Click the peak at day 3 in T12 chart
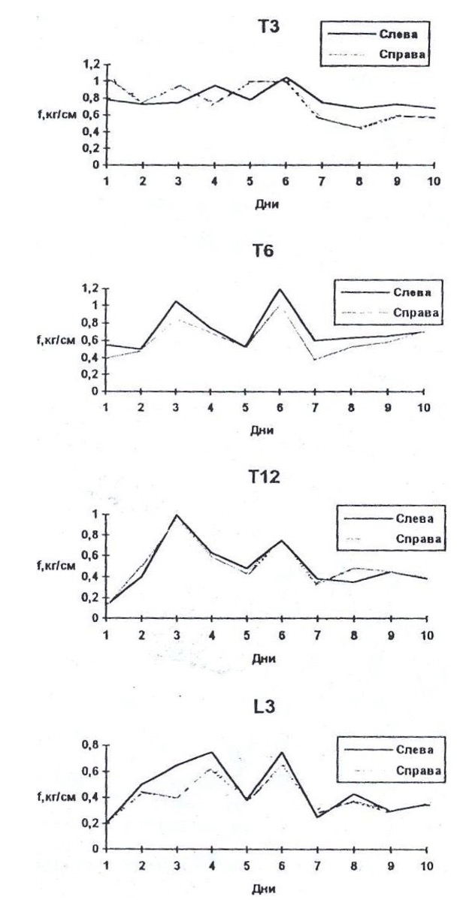click(x=177, y=515)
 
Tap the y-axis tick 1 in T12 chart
click(x=95, y=514)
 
